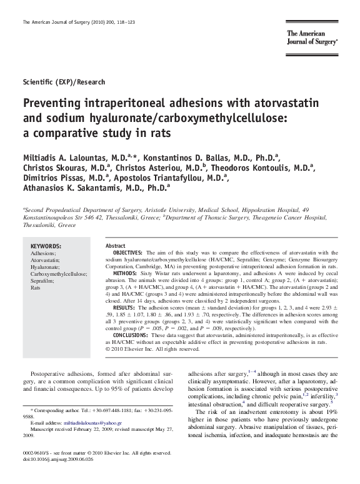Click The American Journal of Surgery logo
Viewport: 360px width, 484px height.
point(312,39)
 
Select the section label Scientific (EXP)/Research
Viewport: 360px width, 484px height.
point(64,82)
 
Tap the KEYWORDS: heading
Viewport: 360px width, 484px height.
point(46,246)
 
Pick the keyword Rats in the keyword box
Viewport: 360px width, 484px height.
point(36,288)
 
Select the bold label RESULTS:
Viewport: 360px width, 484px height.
point(126,308)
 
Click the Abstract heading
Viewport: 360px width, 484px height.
point(116,246)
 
